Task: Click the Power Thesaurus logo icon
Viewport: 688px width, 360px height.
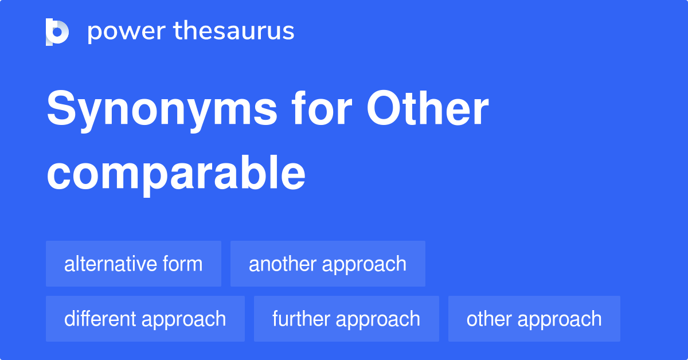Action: [x=57, y=32]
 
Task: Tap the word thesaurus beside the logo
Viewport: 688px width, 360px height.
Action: [x=234, y=32]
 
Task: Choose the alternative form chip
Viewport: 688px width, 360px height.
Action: [x=133, y=264]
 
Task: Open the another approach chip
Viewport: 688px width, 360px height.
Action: [x=327, y=264]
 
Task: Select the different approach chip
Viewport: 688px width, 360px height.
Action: [x=145, y=319]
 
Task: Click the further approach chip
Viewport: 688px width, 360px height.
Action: [x=346, y=319]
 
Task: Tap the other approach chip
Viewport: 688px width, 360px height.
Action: [x=534, y=319]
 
